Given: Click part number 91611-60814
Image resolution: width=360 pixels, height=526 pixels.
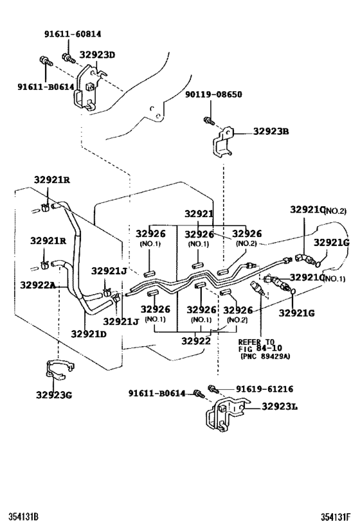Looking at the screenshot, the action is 73,34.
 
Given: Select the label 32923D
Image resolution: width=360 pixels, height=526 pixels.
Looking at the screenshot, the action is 97,55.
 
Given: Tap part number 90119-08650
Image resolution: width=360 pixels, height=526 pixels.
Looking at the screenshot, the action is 213,94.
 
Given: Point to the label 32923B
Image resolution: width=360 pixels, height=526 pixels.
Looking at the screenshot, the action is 271,131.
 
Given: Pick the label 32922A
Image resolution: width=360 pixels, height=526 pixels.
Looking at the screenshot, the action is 38,285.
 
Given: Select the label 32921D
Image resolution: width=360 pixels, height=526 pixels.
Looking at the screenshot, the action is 89,334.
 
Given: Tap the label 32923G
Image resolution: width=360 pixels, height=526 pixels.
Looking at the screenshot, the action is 54,395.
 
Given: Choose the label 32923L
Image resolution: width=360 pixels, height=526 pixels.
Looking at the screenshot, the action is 280,407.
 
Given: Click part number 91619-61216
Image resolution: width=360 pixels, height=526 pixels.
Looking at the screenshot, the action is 264,389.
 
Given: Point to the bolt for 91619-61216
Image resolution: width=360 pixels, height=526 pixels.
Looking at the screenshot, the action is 213,389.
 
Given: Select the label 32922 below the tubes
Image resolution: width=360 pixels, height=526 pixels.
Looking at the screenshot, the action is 196,341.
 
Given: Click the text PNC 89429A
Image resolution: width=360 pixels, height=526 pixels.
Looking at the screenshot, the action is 265,356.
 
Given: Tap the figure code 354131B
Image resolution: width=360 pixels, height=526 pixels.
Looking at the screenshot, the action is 24,516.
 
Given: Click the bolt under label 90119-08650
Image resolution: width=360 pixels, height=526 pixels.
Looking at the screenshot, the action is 209,121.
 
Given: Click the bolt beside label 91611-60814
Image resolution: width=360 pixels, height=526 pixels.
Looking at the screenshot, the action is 68,58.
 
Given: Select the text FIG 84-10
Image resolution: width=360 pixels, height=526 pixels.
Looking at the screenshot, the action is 260,349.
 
